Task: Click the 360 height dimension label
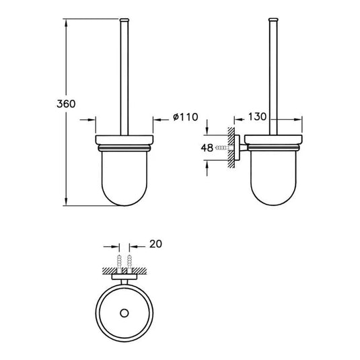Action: click(x=66, y=104)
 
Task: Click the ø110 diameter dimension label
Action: click(x=186, y=117)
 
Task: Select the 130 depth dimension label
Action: click(x=257, y=116)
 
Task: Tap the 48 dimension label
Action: click(x=207, y=148)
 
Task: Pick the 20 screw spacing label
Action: click(x=155, y=244)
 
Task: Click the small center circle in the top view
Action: click(x=124, y=313)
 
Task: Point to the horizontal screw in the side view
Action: click(x=225, y=148)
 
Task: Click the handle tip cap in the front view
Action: click(x=124, y=20)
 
